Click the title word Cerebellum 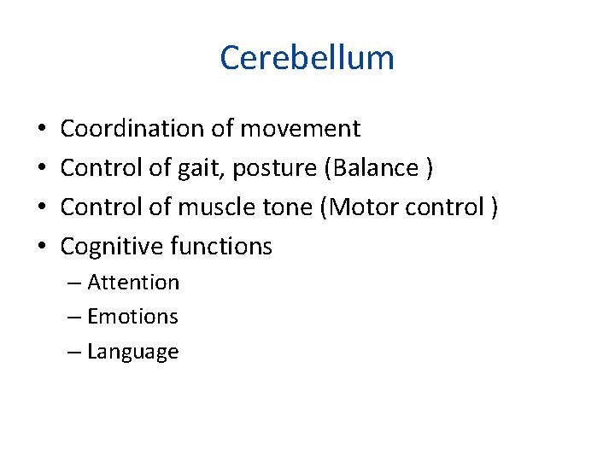pyautogui.click(x=307, y=58)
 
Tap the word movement pyautogui.click(x=300, y=129)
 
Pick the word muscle pyautogui.click(x=210, y=207)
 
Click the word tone pyautogui.click(x=282, y=207)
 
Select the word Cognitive pyautogui.click(x=112, y=248)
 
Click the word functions pyautogui.click(x=221, y=247)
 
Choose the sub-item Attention pyautogui.click(x=133, y=283)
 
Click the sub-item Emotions pyautogui.click(x=132, y=317)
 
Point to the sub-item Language pyautogui.click(x=132, y=353)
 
